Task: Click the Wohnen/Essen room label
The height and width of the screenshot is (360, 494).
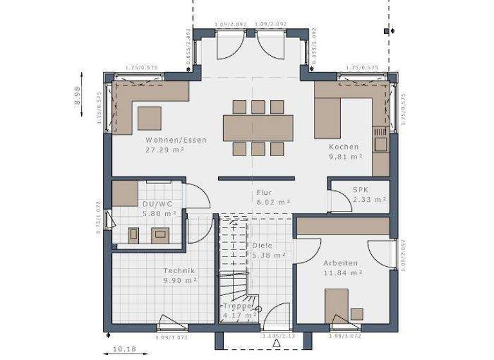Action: pyautogui.click(x=175, y=139)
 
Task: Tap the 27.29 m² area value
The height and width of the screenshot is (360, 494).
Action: pyautogui.click(x=165, y=149)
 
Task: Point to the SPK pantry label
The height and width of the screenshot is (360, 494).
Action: pyautogui.click(x=360, y=190)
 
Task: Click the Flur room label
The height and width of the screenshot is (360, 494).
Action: pyautogui.click(x=264, y=192)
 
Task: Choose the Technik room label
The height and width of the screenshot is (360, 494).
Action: pyautogui.click(x=179, y=271)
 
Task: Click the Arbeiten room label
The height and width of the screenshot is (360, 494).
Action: pyautogui.click(x=340, y=263)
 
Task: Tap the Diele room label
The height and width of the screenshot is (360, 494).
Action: pyautogui.click(x=262, y=245)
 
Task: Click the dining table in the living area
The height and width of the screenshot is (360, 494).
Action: pyautogui.click(x=258, y=127)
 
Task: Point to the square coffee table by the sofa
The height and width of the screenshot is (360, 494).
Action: pyautogui.click(x=149, y=118)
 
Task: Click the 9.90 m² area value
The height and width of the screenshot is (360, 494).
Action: pyautogui.click(x=179, y=280)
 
